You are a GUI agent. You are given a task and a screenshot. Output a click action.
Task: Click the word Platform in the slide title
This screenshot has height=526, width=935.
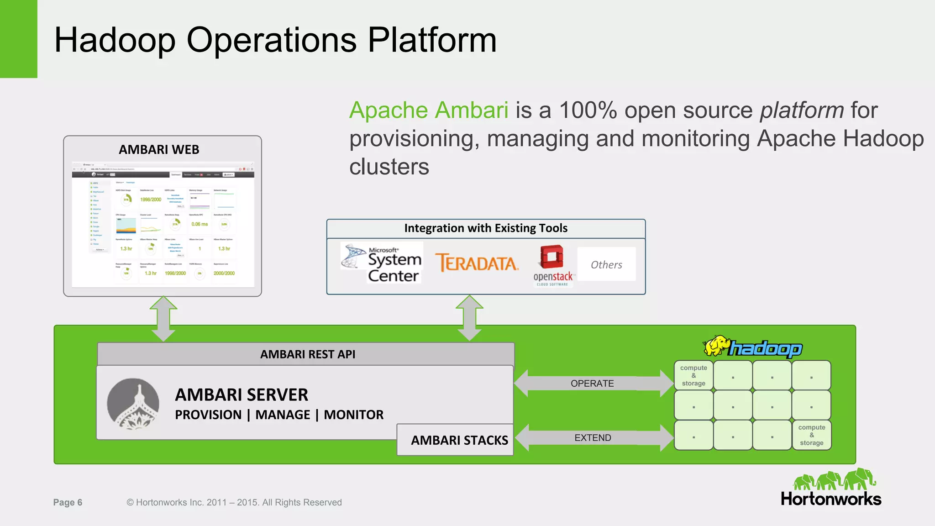(x=431, y=40)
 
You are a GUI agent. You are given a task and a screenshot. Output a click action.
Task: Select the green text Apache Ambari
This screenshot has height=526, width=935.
(x=428, y=110)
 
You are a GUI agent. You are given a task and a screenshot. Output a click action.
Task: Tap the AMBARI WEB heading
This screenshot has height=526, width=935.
(x=159, y=150)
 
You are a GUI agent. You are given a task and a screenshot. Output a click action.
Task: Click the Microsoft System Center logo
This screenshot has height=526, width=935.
(x=382, y=263)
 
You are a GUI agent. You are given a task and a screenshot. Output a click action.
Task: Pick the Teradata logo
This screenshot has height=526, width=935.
(x=477, y=263)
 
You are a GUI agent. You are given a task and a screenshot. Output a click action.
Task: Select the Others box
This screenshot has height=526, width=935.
(x=606, y=264)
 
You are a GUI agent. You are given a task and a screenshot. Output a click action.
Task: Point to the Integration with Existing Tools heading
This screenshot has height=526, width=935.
(x=486, y=228)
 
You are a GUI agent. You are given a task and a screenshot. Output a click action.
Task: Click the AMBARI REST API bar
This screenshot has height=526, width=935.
(x=307, y=354)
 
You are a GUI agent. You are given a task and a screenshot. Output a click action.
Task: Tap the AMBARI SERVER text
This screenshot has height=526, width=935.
(x=242, y=395)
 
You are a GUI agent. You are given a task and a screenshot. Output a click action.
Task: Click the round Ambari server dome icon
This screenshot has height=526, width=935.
(x=133, y=404)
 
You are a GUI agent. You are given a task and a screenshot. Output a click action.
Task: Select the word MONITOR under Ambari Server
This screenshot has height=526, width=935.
(x=353, y=415)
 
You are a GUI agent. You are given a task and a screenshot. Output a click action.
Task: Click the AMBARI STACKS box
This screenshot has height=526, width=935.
(x=459, y=440)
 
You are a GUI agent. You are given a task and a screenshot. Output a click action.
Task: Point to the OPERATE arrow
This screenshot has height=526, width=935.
(x=592, y=384)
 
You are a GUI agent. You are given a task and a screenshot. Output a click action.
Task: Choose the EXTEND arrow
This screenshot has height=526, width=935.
(x=593, y=438)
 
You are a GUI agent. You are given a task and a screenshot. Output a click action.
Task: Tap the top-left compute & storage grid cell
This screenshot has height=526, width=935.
(x=693, y=375)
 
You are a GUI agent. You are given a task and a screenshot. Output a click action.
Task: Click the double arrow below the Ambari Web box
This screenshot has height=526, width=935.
(x=163, y=318)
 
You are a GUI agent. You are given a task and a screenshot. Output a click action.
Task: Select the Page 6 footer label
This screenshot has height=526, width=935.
(x=68, y=502)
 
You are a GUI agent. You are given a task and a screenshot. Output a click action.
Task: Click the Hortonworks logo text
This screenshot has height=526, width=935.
(x=831, y=499)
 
